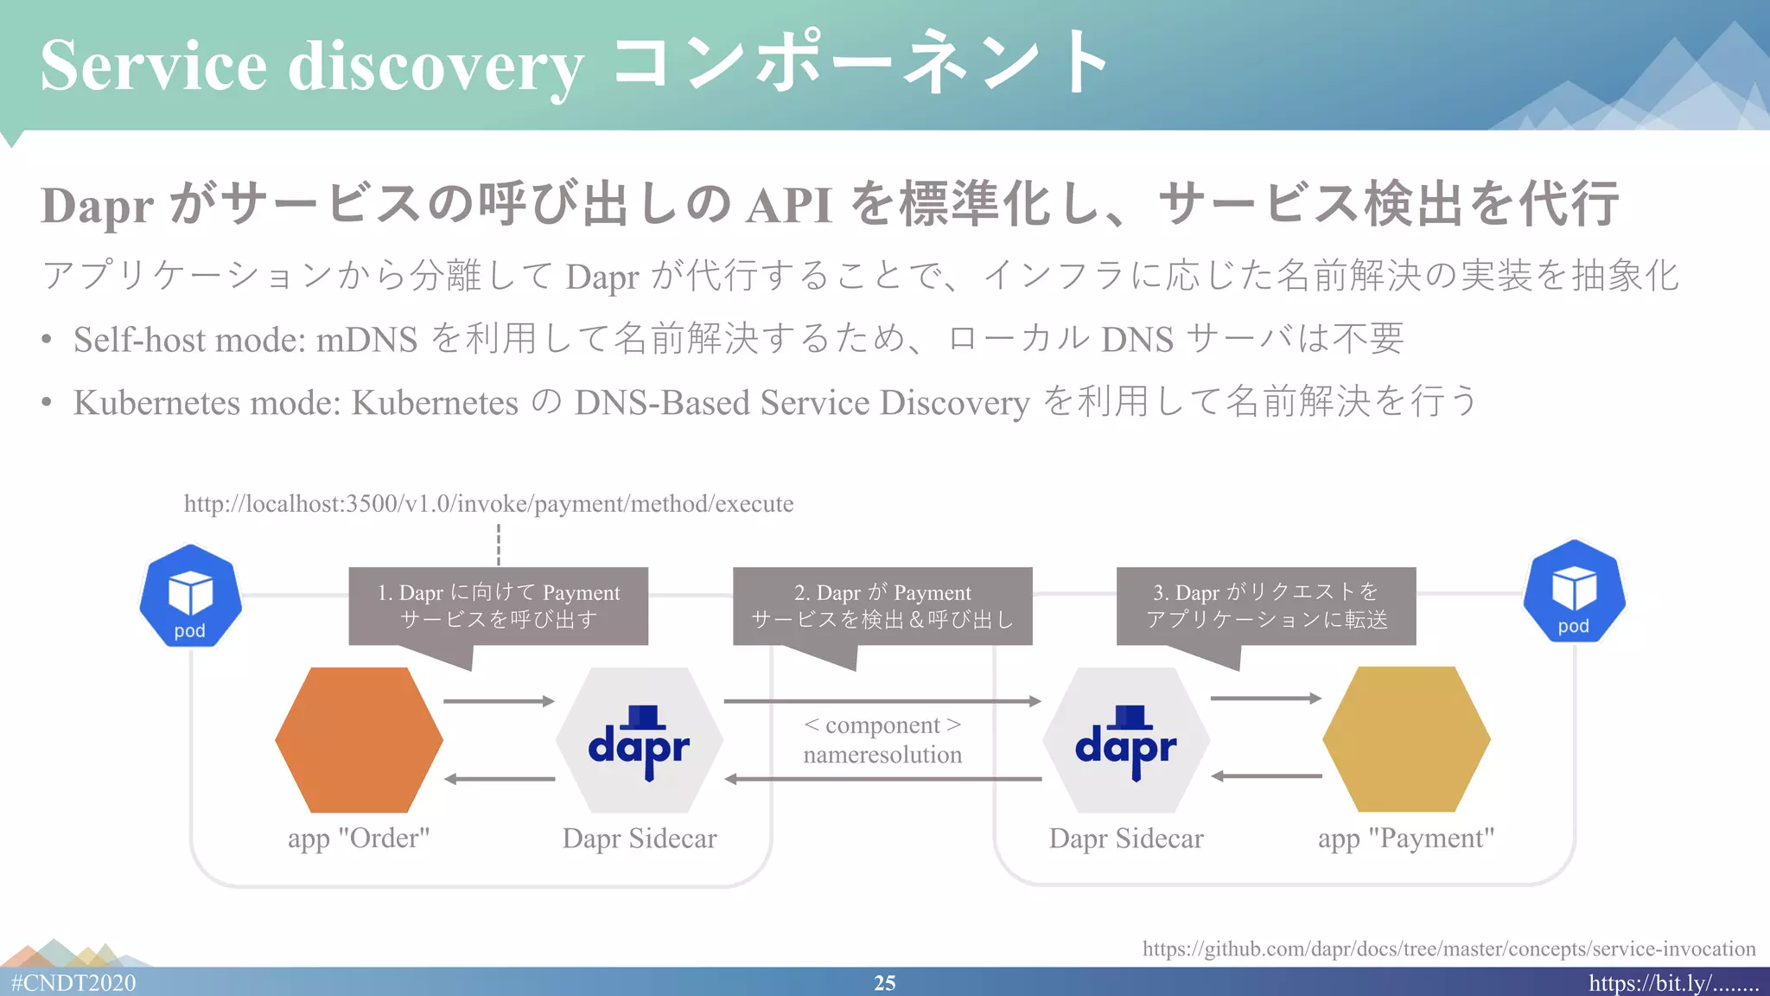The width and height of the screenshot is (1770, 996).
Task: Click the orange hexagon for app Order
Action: tap(359, 739)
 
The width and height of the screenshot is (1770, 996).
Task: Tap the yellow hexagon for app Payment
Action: tap(1406, 739)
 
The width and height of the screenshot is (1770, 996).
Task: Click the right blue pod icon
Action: tap(1574, 592)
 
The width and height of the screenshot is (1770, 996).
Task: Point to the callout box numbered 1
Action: tap(498, 606)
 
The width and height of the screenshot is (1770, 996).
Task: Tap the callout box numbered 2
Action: tap(882, 606)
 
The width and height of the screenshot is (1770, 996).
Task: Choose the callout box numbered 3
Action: tap(1266, 606)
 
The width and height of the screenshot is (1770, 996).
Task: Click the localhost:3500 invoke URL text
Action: tap(488, 504)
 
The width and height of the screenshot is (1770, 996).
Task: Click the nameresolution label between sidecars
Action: tap(882, 755)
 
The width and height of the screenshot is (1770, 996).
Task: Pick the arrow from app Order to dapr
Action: tap(499, 701)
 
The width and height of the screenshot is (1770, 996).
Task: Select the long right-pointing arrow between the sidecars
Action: tap(882, 701)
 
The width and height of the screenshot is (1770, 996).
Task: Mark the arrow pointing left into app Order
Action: tap(499, 779)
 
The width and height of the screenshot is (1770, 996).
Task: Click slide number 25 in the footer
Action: tap(884, 983)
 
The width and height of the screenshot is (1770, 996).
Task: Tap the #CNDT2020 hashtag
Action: tap(73, 983)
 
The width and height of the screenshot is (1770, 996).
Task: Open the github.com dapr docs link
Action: tap(1448, 948)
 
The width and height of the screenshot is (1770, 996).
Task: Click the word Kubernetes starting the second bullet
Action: tap(156, 403)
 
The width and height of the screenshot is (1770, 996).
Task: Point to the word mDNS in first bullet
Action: tap(366, 340)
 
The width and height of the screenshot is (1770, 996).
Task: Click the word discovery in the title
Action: tap(435, 67)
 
